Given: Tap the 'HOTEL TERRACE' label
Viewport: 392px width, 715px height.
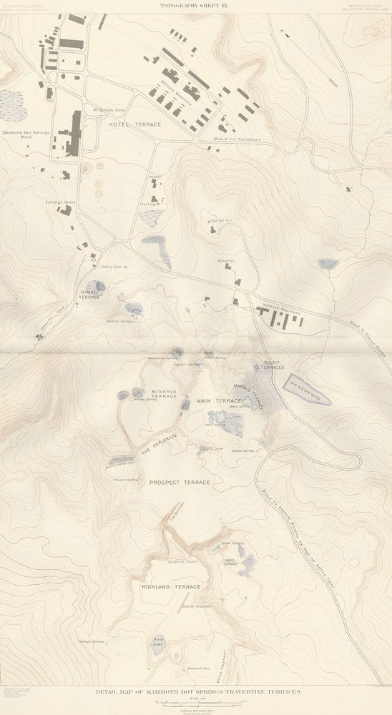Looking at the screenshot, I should coord(135,124).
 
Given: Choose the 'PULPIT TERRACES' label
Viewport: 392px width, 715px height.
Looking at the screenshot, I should coord(275,365).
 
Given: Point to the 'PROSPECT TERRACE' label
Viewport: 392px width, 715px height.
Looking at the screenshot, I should coord(180,483).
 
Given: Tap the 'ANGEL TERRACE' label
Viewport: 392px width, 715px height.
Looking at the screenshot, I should coord(230,562).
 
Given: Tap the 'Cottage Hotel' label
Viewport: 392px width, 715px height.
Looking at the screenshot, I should coord(61,202).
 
